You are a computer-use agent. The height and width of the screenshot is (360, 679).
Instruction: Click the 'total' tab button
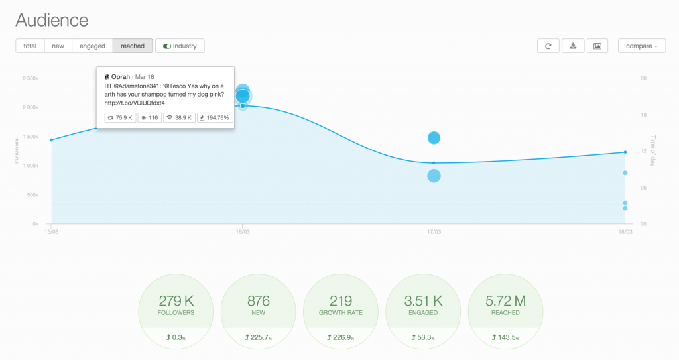pos(30,46)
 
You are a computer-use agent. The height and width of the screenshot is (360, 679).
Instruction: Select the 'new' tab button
pos(58,46)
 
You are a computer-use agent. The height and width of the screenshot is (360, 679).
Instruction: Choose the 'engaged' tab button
pos(92,46)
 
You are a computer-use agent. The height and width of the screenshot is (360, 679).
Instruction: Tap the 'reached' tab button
pos(133,46)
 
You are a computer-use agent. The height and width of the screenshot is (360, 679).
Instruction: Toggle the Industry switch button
pos(180,46)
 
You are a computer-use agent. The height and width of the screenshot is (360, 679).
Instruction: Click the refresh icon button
pos(548,46)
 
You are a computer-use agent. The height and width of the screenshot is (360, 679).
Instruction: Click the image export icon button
pos(597,46)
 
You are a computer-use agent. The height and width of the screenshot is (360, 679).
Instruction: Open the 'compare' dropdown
pos(642,46)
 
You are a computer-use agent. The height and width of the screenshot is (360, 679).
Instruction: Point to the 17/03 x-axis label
pos(434,232)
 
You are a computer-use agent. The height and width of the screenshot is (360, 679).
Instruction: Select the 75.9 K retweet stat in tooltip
pos(120,117)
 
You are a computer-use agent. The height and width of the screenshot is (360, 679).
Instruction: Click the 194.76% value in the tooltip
pos(214,117)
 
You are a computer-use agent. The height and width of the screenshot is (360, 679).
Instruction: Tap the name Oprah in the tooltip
pos(120,77)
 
